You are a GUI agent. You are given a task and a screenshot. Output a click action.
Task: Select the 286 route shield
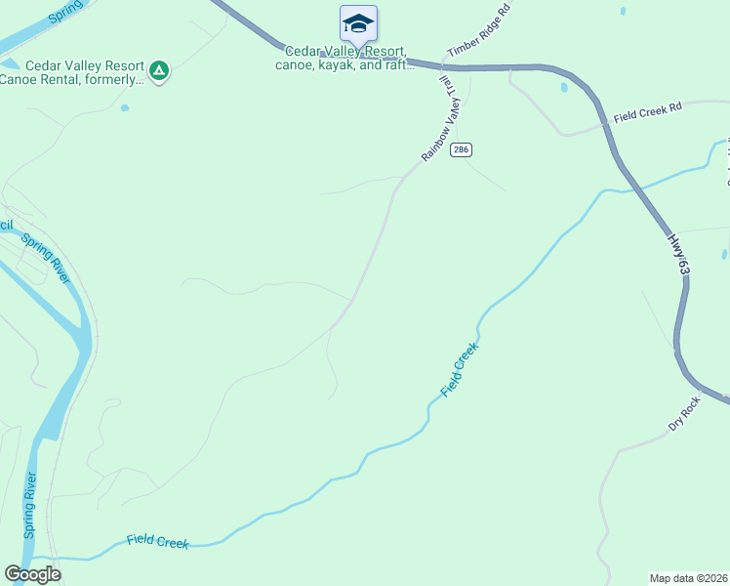coord(462,149)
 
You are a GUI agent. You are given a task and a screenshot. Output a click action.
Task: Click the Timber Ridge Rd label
coord(479,34)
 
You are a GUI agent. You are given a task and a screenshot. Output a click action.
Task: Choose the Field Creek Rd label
coord(647,112)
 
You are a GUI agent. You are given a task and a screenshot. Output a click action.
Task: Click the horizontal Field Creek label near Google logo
coord(157,541)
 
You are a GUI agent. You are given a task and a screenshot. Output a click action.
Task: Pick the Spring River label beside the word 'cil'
coord(46,259)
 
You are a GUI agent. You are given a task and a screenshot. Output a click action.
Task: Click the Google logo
coord(32,573)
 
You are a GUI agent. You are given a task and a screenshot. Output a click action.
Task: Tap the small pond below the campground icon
coord(125,107)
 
